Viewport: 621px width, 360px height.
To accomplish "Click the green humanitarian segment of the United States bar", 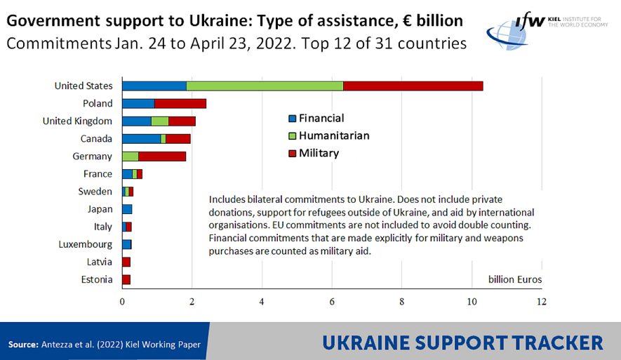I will [x=265, y=86].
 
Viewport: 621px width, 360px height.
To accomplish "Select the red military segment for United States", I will [x=413, y=86].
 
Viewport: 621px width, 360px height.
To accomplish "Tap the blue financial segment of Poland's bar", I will [x=138, y=103].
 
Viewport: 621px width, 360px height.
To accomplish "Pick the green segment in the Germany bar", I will [x=130, y=156].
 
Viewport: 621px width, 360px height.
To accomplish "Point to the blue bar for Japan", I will [x=127, y=208].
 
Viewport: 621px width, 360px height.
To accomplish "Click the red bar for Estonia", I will [x=126, y=279].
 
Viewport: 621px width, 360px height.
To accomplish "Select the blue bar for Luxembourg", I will [x=127, y=244].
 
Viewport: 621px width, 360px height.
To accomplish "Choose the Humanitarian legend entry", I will [x=333, y=135].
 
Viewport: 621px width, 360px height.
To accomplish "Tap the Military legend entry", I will [x=319, y=152].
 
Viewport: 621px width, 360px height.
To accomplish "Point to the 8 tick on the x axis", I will [x=402, y=302].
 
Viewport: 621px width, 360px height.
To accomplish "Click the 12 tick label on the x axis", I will [x=541, y=302].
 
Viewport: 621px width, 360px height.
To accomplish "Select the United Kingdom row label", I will [x=77, y=121].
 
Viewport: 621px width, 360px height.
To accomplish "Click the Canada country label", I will [x=97, y=138].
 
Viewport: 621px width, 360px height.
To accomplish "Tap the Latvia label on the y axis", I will [x=99, y=262].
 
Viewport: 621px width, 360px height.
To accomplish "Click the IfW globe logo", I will [x=507, y=32].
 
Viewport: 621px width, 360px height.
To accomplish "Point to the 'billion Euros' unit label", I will [x=515, y=279].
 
